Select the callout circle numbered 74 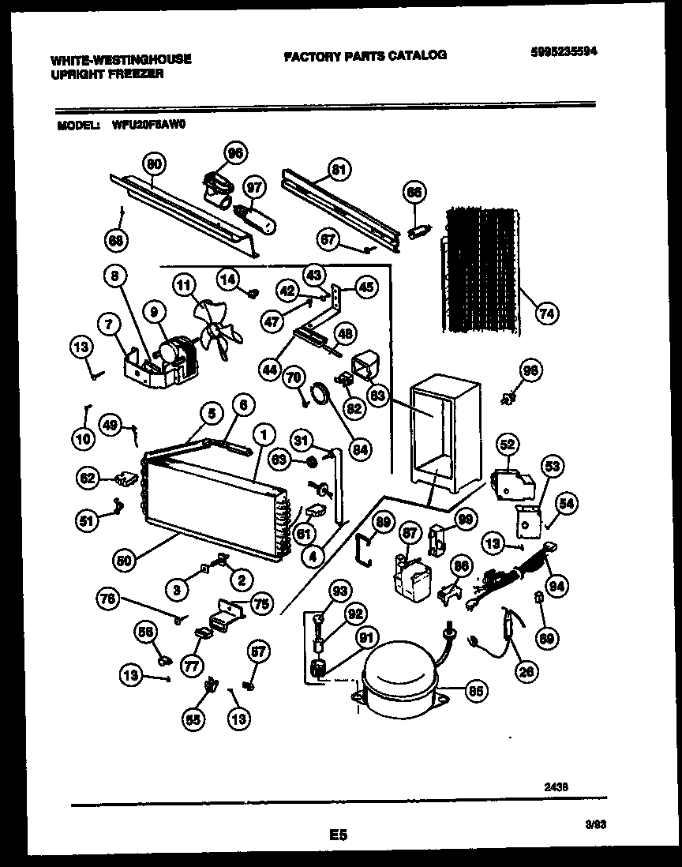[545, 313]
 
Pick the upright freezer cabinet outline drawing [444, 438]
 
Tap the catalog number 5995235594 [562, 52]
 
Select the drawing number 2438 [556, 786]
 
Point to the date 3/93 [595, 824]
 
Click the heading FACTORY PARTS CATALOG [365, 55]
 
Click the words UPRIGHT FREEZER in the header [107, 73]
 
